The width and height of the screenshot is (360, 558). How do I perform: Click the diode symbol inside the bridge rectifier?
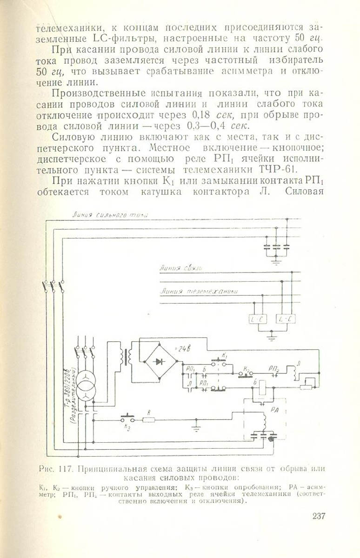pyautogui.click(x=159, y=361)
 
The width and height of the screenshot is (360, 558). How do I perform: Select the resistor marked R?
pyautogui.click(x=148, y=419)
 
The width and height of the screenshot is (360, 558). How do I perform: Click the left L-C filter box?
pyautogui.click(x=257, y=319)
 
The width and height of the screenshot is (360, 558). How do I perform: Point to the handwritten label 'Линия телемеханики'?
pyautogui.click(x=199, y=292)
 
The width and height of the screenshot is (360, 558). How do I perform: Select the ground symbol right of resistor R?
pyautogui.click(x=196, y=424)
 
